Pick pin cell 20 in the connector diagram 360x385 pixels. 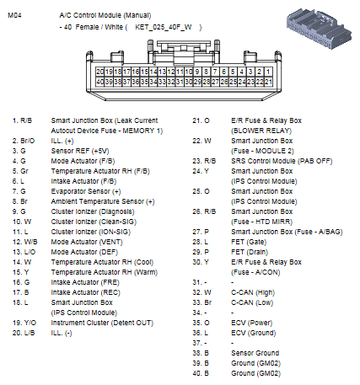click(x=100, y=72)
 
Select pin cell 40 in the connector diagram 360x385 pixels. click(x=100, y=82)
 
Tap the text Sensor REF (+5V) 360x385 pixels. click(x=80, y=149)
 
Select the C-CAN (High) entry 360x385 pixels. click(x=254, y=291)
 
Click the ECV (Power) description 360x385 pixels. click(x=254, y=322)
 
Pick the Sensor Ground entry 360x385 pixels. click(x=255, y=352)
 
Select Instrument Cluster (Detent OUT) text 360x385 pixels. click(x=101, y=322)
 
